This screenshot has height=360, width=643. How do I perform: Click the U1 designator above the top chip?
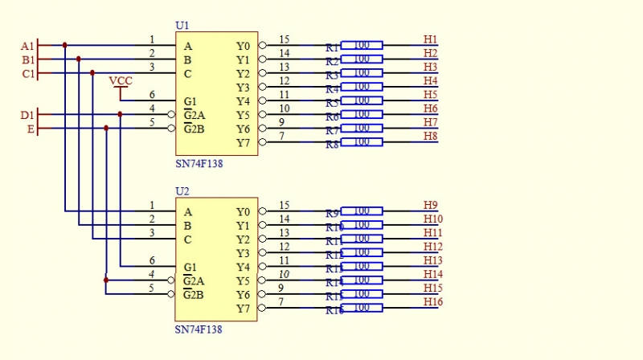point(182,26)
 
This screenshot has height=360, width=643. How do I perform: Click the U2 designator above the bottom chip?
point(182,192)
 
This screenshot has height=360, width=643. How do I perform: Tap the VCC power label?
point(121,81)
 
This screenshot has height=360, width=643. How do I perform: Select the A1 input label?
point(27,46)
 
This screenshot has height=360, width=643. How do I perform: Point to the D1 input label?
point(27,115)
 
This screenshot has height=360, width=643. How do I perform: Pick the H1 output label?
point(430,39)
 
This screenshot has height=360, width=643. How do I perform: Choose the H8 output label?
point(430,136)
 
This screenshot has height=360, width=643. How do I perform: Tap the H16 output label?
point(432,301)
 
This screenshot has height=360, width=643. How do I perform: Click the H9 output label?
point(430,205)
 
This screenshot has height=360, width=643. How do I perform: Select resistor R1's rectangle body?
point(362,46)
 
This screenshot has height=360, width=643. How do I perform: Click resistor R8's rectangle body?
point(362,142)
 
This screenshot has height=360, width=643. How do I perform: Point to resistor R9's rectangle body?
point(362,211)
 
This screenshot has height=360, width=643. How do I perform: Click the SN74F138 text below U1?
point(199,164)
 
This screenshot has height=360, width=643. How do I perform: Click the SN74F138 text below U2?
point(199,329)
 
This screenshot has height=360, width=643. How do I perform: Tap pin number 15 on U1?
point(284,39)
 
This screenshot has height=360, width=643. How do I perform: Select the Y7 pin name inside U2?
point(244,309)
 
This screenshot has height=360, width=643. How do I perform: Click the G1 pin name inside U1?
point(190,101)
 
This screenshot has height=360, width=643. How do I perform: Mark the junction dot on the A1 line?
point(64,46)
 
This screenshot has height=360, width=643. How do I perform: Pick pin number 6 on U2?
point(152,260)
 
